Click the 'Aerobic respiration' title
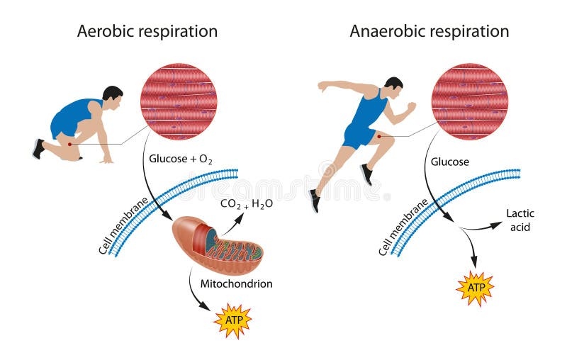tap(147, 32)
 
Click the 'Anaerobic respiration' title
tap(430, 32)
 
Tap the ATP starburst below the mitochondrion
tap(233, 320)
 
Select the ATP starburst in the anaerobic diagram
tap(475, 288)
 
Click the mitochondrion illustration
tap(218, 245)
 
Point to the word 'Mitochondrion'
tap(237, 283)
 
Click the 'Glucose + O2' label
tap(181, 159)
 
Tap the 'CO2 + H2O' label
tap(247, 204)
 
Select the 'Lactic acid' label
tap(520, 220)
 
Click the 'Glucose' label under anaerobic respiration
tap(450, 162)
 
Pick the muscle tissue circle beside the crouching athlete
tap(179, 101)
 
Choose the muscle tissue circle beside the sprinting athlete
tap(470, 101)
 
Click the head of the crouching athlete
tap(113, 97)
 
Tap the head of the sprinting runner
tap(394, 87)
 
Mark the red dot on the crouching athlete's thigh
tap(69, 145)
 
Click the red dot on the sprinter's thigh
tap(379, 136)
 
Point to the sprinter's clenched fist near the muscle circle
tap(411, 107)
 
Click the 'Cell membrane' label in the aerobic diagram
tap(123, 226)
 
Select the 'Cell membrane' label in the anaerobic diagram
tap(403, 227)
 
